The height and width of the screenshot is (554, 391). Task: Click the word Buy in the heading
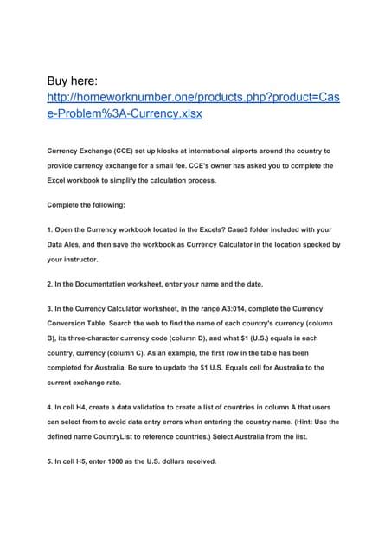click(63, 82)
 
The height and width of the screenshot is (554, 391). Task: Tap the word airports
click(262, 151)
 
